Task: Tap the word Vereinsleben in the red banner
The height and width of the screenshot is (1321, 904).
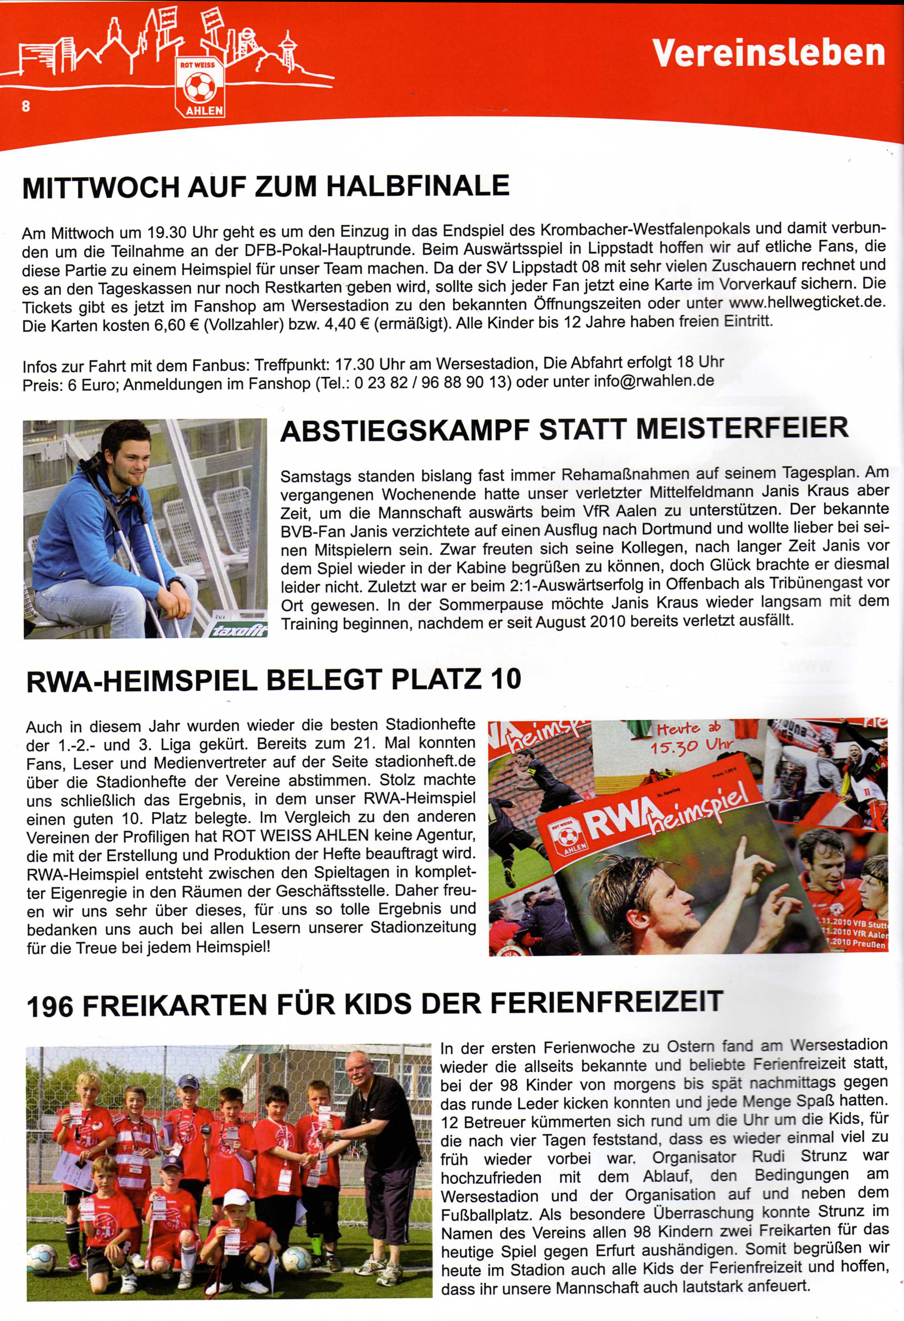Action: click(x=768, y=53)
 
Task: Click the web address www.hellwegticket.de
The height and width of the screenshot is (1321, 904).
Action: click(x=807, y=301)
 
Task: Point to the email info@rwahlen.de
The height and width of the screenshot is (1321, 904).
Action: click(x=653, y=380)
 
